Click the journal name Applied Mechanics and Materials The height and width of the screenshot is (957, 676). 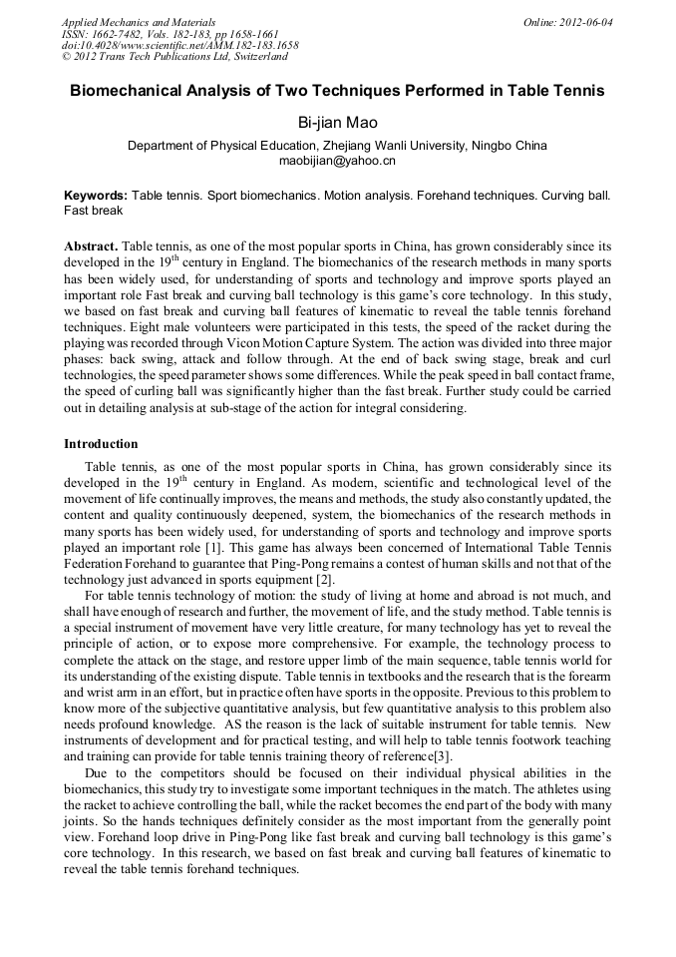tap(138, 22)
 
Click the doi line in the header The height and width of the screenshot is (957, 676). tap(179, 46)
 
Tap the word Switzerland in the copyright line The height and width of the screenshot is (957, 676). tap(254, 57)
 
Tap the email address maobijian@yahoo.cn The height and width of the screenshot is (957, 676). tap(337, 160)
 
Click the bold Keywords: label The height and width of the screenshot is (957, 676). tap(96, 196)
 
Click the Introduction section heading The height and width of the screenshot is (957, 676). tap(101, 444)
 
